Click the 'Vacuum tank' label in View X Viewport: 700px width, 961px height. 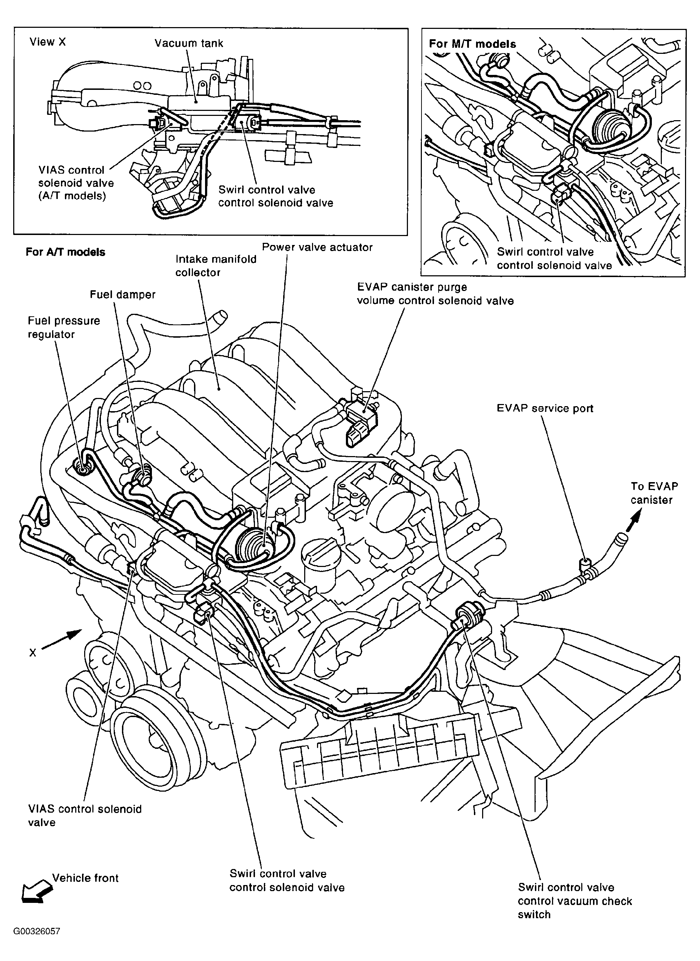[x=189, y=43]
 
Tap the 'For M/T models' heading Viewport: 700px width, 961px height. [x=472, y=44]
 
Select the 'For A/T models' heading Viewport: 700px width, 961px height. [x=65, y=252]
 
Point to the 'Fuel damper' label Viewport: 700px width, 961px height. [x=122, y=295]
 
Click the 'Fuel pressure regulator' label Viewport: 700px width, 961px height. [x=64, y=328]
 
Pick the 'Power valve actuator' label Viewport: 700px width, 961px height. [x=317, y=247]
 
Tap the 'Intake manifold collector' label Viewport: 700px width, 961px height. [x=216, y=266]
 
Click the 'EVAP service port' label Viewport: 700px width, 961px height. [x=545, y=408]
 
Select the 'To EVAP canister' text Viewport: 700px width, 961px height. [x=654, y=493]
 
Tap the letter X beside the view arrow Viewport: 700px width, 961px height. [x=32, y=653]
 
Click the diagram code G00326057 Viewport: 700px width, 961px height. [x=36, y=940]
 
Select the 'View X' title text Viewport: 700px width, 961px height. [x=47, y=42]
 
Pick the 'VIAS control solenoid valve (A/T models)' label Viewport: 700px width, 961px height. [x=76, y=183]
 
